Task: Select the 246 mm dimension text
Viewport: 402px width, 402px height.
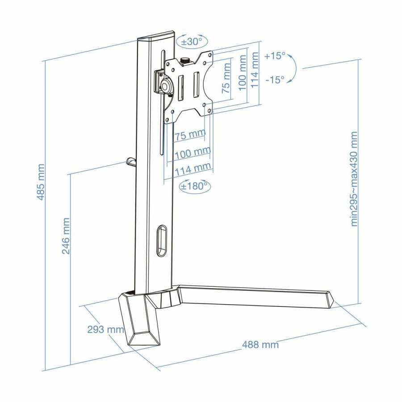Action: pyautogui.click(x=66, y=236)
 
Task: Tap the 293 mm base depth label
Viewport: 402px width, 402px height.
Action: pyautogui.click(x=105, y=330)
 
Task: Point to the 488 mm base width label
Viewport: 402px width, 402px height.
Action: pyautogui.click(x=260, y=344)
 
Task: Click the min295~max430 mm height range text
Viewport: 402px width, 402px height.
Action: pyautogui.click(x=354, y=179)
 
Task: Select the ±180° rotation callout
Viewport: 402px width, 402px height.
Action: pyautogui.click(x=194, y=186)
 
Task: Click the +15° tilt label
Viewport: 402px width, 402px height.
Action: pyautogui.click(x=274, y=56)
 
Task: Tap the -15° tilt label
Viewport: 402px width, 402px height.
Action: pyautogui.click(x=274, y=80)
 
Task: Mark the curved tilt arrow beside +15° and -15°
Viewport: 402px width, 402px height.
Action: pyautogui.click(x=292, y=68)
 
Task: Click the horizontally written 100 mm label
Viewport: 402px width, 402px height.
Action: pyautogui.click(x=193, y=153)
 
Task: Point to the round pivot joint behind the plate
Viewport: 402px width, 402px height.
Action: pyautogui.click(x=166, y=85)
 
